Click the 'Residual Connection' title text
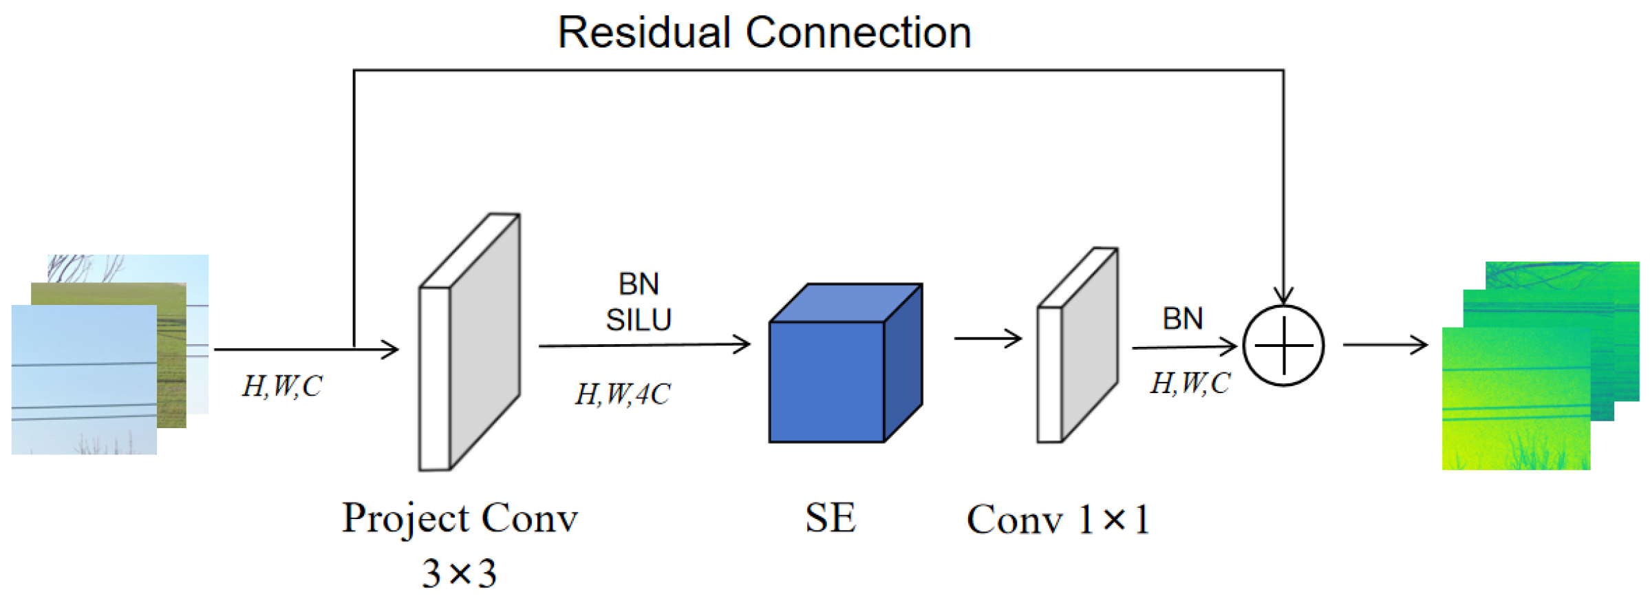click(x=764, y=32)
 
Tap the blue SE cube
click(x=845, y=363)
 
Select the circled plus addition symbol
click(x=1283, y=346)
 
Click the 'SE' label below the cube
click(x=831, y=518)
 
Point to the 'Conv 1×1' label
click(x=1058, y=519)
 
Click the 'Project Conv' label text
click(x=460, y=518)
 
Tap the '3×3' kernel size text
click(x=459, y=573)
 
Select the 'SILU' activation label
click(x=639, y=320)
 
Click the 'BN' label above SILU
click(x=639, y=284)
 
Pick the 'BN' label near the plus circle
click(x=1183, y=319)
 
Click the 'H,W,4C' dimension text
click(x=623, y=394)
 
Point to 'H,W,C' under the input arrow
click(x=282, y=386)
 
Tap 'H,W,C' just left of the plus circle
click(x=1190, y=383)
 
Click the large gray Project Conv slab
click(x=469, y=342)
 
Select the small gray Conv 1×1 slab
click(x=1078, y=345)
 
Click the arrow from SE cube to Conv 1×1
click(x=987, y=338)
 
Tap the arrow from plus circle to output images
click(x=1385, y=344)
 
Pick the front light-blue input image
click(x=84, y=379)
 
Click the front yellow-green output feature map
click(x=1516, y=399)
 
